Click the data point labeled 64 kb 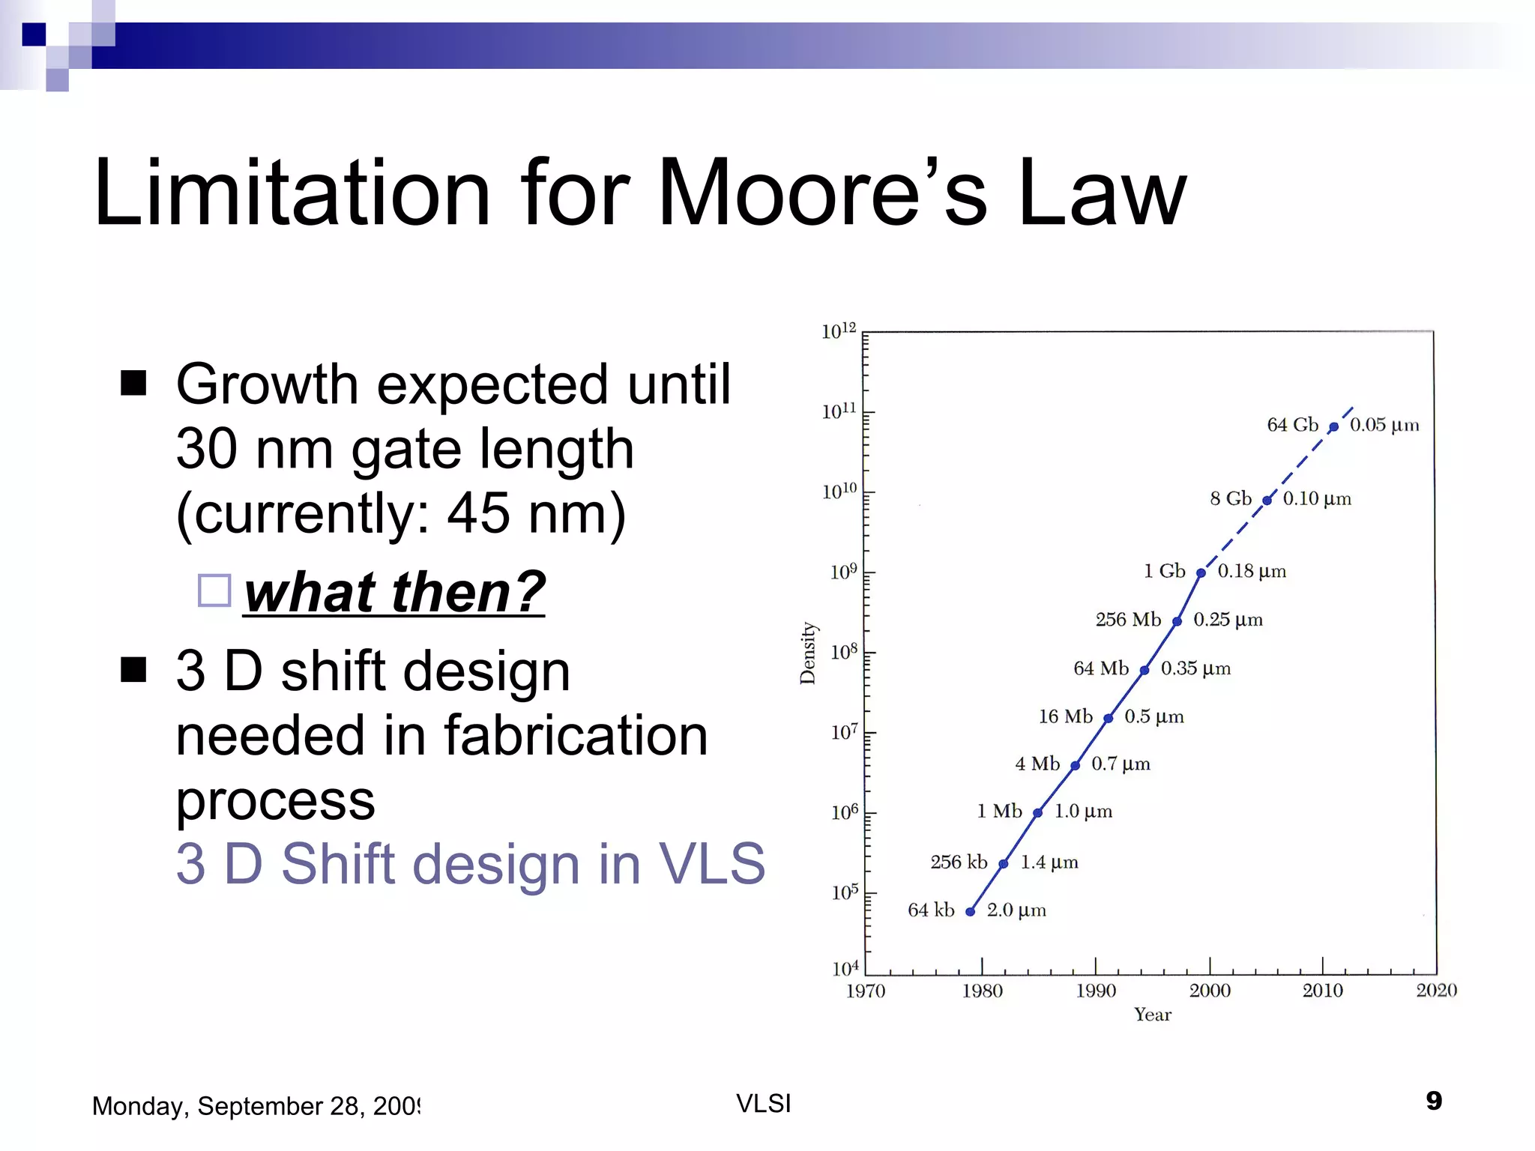tap(970, 911)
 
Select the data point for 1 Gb tap(1201, 573)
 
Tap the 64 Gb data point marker tap(1333, 427)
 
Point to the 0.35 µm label tap(1195, 668)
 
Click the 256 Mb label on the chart tap(1127, 619)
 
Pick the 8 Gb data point tap(1267, 501)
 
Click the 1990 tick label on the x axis tap(1096, 991)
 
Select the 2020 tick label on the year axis tap(1436, 991)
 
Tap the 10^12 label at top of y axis tap(839, 331)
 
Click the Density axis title tap(807, 653)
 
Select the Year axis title tap(1152, 1015)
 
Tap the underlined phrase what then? tap(394, 591)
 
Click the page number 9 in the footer tap(1433, 1101)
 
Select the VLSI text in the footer tap(763, 1103)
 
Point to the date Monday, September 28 tap(256, 1106)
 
